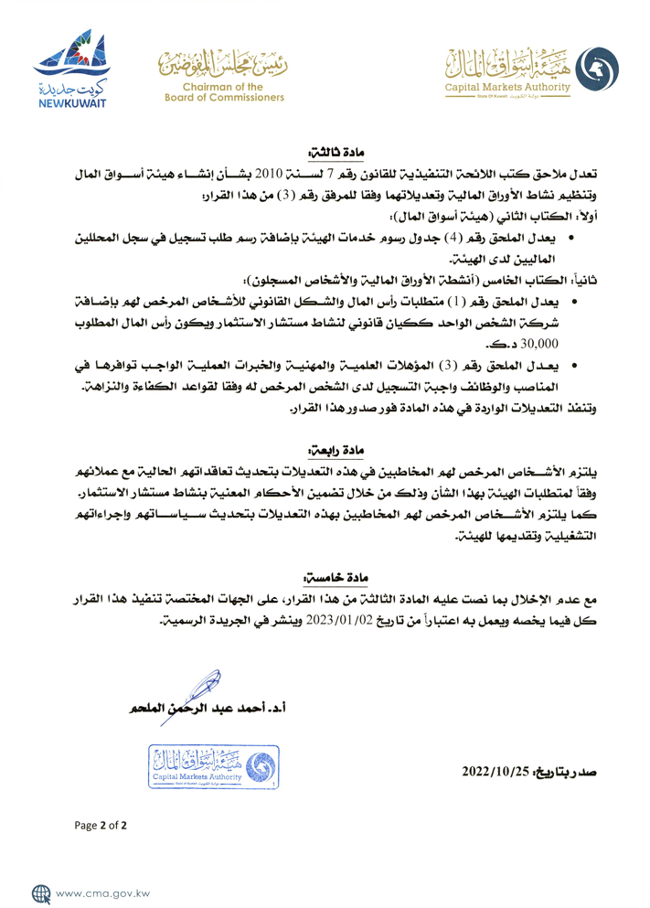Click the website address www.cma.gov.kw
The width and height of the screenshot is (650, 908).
(x=103, y=892)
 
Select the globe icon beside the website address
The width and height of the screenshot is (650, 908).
(x=41, y=892)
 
